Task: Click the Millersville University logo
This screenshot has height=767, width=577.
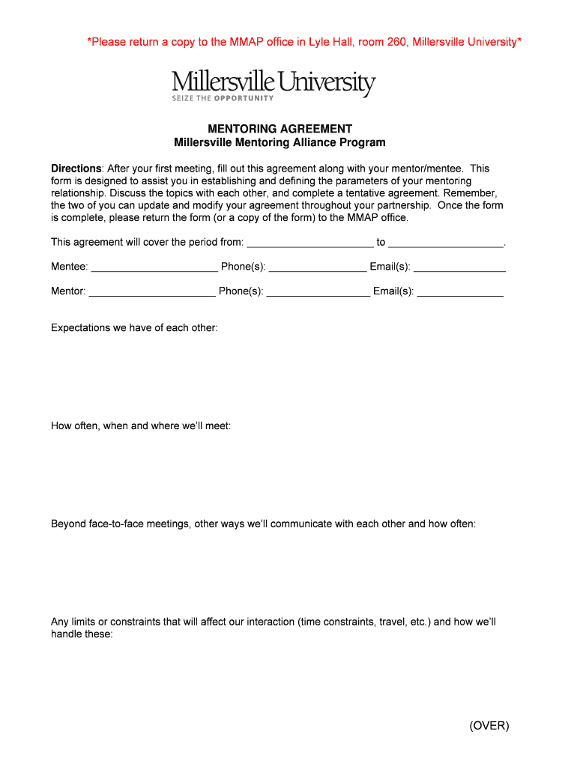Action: (x=274, y=84)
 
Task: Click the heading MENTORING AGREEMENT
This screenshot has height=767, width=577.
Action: (x=280, y=129)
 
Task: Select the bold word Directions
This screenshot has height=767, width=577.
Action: (x=76, y=169)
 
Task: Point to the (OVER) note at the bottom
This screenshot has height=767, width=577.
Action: (x=489, y=725)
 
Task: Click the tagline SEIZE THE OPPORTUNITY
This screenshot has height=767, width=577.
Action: (x=223, y=98)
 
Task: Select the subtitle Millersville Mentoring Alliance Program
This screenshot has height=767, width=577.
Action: (x=280, y=142)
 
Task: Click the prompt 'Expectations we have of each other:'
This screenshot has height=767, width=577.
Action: (x=134, y=327)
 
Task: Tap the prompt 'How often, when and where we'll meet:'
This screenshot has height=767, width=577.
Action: (x=141, y=425)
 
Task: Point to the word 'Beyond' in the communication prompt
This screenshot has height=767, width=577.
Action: (x=68, y=524)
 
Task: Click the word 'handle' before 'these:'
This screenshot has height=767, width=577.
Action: (x=67, y=634)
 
